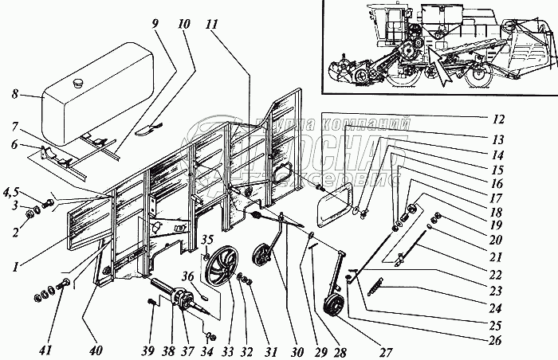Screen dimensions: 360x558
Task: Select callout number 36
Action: tap(188, 278)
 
